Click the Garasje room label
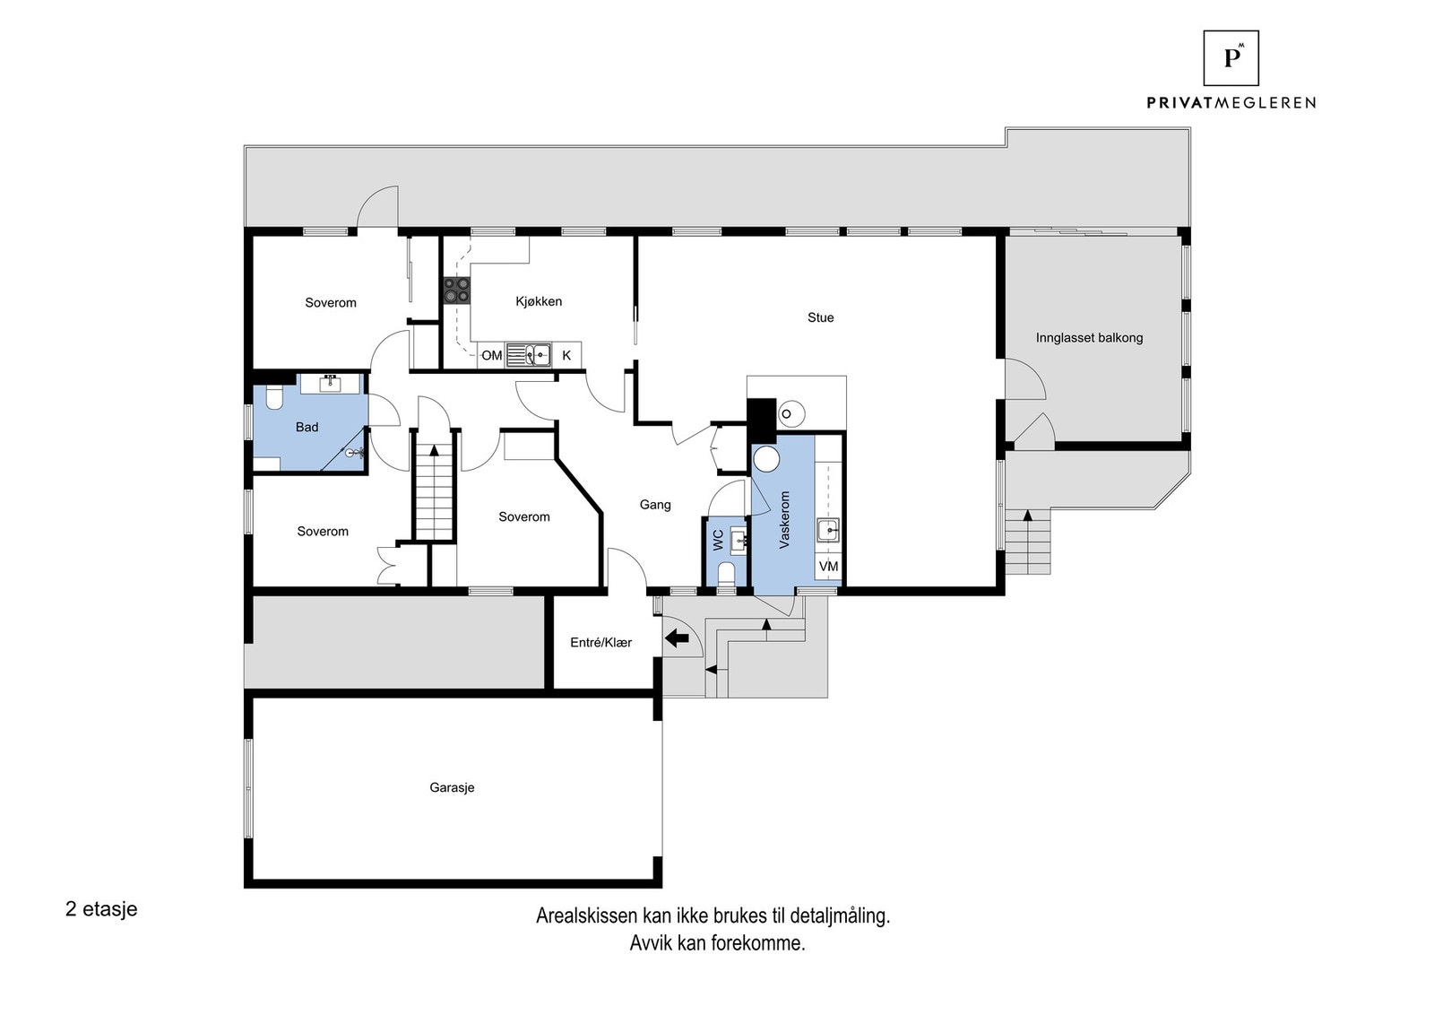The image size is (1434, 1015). [452, 787]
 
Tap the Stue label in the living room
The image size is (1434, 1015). [820, 317]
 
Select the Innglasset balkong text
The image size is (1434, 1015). [1089, 338]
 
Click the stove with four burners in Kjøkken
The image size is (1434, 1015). [456, 289]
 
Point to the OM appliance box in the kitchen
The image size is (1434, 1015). [491, 355]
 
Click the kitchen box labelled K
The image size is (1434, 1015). [566, 355]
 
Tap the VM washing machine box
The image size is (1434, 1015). [828, 567]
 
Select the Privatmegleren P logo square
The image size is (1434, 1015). [1231, 58]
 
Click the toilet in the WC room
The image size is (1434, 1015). [726, 573]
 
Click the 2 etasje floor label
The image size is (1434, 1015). [101, 908]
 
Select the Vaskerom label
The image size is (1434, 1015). [785, 519]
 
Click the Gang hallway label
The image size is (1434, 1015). [655, 505]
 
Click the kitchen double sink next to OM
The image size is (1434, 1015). [528, 355]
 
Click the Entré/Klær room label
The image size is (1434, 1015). [601, 642]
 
